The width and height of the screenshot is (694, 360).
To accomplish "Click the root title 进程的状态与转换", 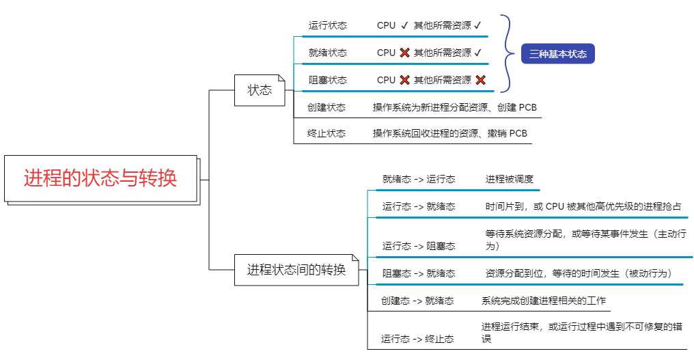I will (x=100, y=179).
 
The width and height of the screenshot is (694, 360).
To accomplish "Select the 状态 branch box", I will (x=260, y=90).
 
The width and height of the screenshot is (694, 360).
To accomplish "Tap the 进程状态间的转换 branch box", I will (x=296, y=270).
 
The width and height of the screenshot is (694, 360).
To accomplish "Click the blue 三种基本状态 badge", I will (x=557, y=54).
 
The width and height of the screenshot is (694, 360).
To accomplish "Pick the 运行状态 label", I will (x=327, y=25).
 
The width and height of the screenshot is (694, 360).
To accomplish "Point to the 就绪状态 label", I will (x=327, y=53).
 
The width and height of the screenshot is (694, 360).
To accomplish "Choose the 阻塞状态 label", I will (x=327, y=80).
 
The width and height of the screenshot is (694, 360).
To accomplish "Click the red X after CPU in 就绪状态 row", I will (x=405, y=53).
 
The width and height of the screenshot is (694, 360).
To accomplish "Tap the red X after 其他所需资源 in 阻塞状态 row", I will (x=480, y=80).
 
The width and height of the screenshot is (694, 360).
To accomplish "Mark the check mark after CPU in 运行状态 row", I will (x=404, y=25).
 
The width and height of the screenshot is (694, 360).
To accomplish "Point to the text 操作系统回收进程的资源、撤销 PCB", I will (x=449, y=133).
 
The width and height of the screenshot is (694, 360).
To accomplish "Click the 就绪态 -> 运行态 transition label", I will (x=419, y=179).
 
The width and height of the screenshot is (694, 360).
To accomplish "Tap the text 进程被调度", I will (x=509, y=179).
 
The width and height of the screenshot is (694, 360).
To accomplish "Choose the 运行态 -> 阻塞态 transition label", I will (x=419, y=246).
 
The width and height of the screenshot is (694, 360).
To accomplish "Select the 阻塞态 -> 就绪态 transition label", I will (x=419, y=273).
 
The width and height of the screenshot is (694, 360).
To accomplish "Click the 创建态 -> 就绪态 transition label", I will (x=417, y=301).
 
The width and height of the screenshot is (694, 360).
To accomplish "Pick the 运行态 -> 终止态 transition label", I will (x=417, y=339).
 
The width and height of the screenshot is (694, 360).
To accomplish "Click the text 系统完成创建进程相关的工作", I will (x=543, y=301).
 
